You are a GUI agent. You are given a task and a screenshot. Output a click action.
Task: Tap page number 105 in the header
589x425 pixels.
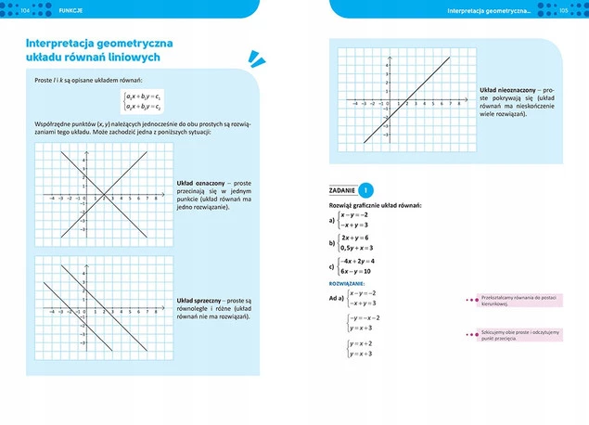pos(563,10)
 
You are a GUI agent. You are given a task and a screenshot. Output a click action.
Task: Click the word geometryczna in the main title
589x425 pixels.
pos(137,43)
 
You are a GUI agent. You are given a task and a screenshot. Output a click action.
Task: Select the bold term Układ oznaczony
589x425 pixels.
pos(198,184)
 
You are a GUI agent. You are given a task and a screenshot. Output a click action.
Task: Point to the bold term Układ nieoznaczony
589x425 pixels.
pos(506,89)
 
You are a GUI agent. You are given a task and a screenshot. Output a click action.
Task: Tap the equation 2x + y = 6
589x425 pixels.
pos(357,238)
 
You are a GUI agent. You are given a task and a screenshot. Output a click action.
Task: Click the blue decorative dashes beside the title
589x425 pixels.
pos(249,59)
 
